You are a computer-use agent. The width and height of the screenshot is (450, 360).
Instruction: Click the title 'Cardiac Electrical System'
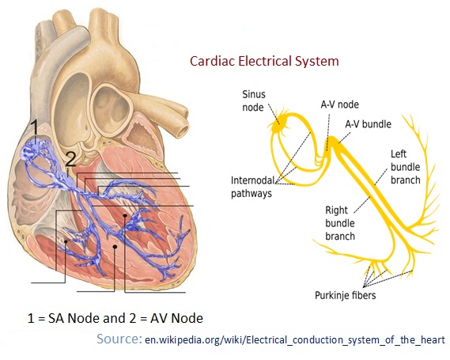(x=264, y=62)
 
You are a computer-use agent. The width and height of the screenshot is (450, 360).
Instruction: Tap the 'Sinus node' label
(x=254, y=100)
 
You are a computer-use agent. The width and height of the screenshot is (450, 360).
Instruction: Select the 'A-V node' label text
(x=339, y=104)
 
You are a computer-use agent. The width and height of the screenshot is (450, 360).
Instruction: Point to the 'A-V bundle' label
(x=369, y=124)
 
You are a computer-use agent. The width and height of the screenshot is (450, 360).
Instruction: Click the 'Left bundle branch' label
(x=405, y=167)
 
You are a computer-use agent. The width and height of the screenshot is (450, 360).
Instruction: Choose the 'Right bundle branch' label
(x=340, y=223)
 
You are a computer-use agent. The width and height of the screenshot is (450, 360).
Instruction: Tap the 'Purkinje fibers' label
(x=346, y=295)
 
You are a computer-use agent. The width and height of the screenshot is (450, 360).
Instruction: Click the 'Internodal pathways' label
(x=252, y=187)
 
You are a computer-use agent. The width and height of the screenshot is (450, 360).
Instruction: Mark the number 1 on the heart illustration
(x=34, y=127)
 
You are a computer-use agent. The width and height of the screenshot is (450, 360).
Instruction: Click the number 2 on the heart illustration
(x=70, y=159)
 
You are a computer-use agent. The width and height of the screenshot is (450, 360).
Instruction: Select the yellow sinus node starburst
(x=278, y=124)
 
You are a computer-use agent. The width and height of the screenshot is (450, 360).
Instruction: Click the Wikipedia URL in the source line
(x=295, y=340)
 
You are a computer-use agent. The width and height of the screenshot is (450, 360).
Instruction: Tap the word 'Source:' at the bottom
(x=119, y=339)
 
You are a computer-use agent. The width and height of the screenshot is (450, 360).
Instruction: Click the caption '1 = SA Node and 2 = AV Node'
(x=115, y=318)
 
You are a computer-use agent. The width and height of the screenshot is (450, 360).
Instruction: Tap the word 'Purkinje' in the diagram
(x=330, y=295)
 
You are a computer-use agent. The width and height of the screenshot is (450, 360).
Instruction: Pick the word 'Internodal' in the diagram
(x=252, y=180)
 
